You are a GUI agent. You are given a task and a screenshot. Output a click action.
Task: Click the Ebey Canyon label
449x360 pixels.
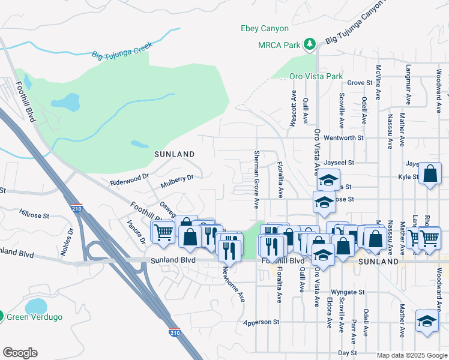tap(265, 28)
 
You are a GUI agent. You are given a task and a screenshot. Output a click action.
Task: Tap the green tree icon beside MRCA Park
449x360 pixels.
tap(309, 44)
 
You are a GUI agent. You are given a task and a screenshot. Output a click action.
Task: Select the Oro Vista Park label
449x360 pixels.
tap(316, 76)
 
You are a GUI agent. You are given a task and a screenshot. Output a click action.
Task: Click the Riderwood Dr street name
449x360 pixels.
tap(129, 179)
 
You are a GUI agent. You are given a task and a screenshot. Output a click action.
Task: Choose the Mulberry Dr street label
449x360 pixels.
tap(177, 178)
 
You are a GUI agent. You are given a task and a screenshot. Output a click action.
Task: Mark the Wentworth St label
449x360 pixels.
tap(344, 137)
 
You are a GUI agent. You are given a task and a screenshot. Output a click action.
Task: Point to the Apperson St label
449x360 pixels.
tap(262, 322)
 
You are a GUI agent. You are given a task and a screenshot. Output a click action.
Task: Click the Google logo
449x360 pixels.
tap(20, 353)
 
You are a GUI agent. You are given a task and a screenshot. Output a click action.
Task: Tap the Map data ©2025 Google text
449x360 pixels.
tap(411, 355)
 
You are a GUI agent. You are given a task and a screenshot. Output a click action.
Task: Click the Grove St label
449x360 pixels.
tap(360, 83)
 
